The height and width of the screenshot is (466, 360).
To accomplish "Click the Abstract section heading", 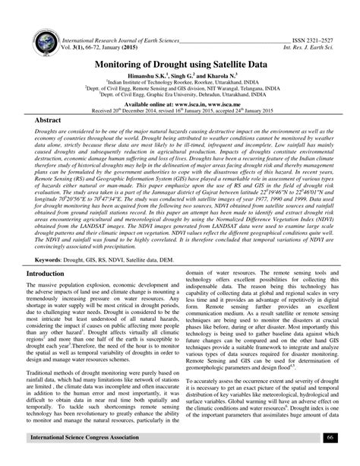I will (49, 121).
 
